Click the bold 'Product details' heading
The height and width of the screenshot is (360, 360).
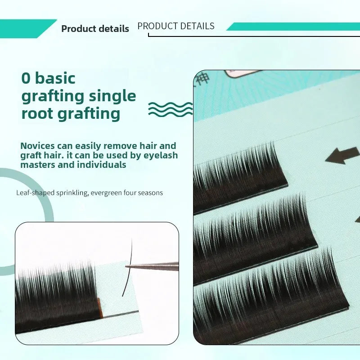(x=95, y=29)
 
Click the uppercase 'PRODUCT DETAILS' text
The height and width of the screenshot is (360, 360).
(x=176, y=26)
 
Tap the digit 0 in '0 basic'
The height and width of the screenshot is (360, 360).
(x=26, y=78)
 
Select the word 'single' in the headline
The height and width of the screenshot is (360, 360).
(x=112, y=96)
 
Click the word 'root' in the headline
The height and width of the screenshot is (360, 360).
(x=37, y=113)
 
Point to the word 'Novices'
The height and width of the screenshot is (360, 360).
(x=38, y=146)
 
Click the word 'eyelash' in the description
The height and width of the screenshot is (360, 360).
(x=161, y=155)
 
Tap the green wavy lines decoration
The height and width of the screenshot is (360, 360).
(x=171, y=109)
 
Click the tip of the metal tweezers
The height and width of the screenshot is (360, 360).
(x=126, y=266)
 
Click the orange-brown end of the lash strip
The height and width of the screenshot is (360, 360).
(x=99, y=308)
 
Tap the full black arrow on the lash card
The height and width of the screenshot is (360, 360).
(x=342, y=155)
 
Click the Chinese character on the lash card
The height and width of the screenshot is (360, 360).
(x=203, y=79)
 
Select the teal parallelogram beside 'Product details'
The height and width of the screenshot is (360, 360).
(x=27, y=29)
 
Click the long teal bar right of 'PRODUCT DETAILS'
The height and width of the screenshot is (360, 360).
(x=293, y=27)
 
